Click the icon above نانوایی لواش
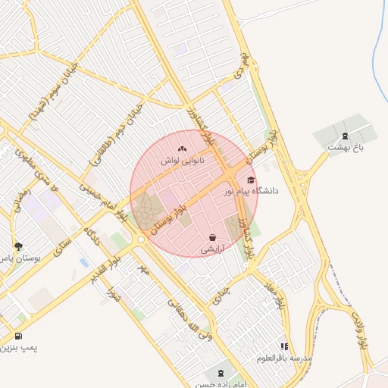[x=182, y=149]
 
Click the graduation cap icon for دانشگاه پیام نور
[x=252, y=180]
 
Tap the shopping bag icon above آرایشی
[x=211, y=238]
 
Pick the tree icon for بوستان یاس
[x=19, y=246]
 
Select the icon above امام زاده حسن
[x=220, y=374]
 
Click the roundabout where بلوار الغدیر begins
[x=140, y=239]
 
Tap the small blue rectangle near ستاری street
[x=83, y=262]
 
